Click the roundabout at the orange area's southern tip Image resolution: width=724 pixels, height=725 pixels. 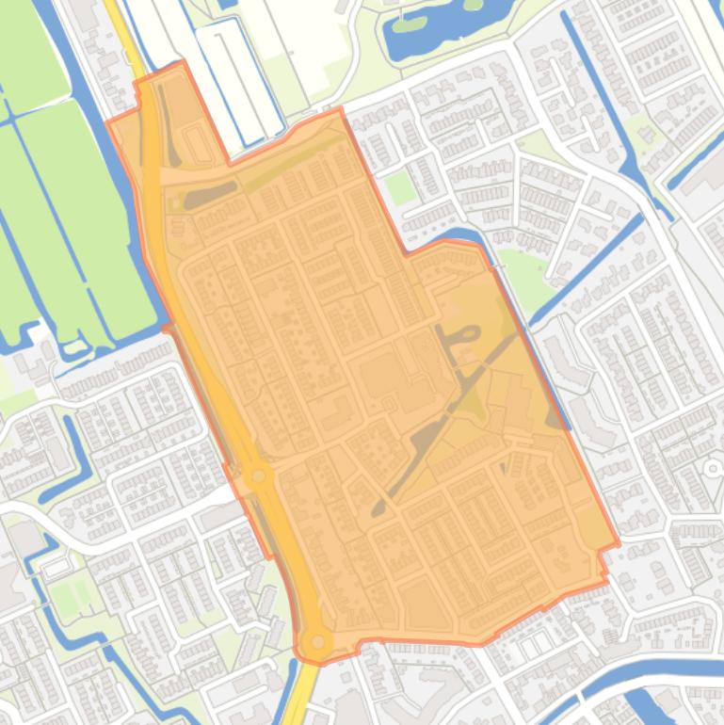pos(318,642)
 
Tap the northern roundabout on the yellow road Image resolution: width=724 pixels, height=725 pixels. pos(257,476)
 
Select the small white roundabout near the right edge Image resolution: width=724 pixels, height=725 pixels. pos(713,468)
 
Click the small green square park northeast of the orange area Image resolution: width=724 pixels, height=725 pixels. pos(400,188)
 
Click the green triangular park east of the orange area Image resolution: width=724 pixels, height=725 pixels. pos(523,273)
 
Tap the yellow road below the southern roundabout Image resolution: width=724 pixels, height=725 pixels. pos(302,697)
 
